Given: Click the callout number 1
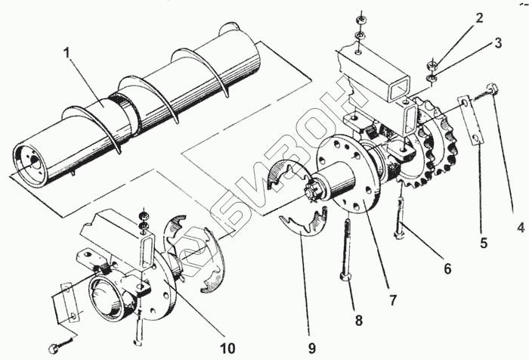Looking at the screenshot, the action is (x=68, y=53).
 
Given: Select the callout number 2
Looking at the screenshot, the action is (x=478, y=18).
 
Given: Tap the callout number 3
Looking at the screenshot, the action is (x=498, y=43).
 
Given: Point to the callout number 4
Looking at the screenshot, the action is (x=521, y=228).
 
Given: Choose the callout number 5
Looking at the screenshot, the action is (x=484, y=243).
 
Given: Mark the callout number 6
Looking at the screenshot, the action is (x=447, y=268).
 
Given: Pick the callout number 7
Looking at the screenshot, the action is (x=392, y=300).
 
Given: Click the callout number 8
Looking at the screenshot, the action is (x=358, y=320).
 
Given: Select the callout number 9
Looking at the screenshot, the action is (x=311, y=348).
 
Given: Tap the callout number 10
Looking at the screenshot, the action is (x=227, y=348).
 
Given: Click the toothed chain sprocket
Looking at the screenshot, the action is (x=432, y=142).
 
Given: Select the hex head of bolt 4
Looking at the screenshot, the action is (x=493, y=88).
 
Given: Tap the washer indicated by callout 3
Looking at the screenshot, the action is (x=432, y=79).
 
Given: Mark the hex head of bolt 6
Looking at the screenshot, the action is (x=399, y=234).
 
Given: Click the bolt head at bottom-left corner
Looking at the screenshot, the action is (x=54, y=348).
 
